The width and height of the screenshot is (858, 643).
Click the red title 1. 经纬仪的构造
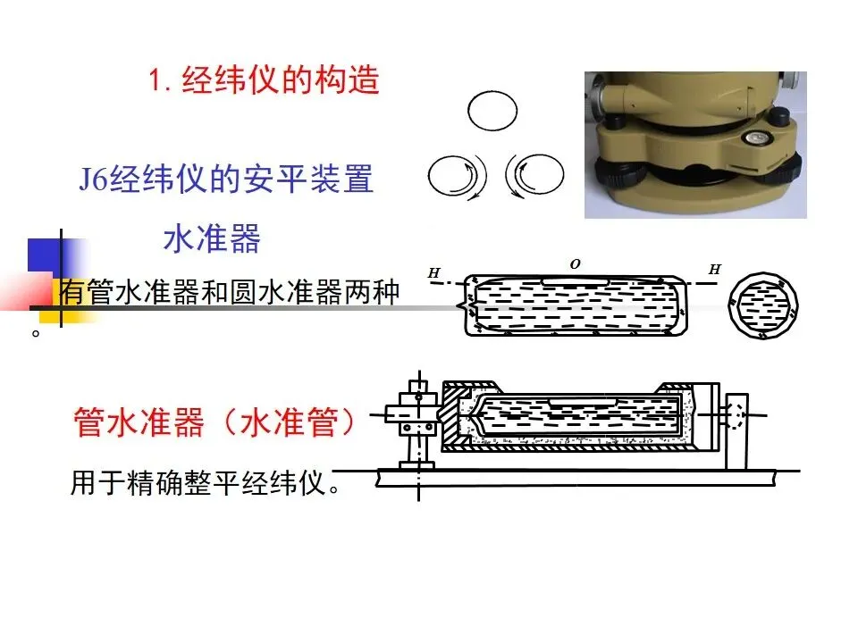point(265,80)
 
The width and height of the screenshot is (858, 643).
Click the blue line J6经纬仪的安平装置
point(226,179)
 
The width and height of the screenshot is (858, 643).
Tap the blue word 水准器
point(212,238)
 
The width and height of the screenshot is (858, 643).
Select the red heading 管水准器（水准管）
point(214,422)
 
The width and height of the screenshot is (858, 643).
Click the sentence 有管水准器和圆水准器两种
point(230,291)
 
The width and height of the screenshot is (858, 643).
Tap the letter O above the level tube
point(575,264)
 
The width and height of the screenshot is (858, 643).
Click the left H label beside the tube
point(434,272)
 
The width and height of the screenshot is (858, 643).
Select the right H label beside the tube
point(715,269)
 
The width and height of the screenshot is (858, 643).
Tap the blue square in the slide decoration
point(44,255)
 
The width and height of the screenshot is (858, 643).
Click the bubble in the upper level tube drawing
point(575,283)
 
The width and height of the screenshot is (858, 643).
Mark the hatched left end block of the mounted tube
point(454,415)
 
